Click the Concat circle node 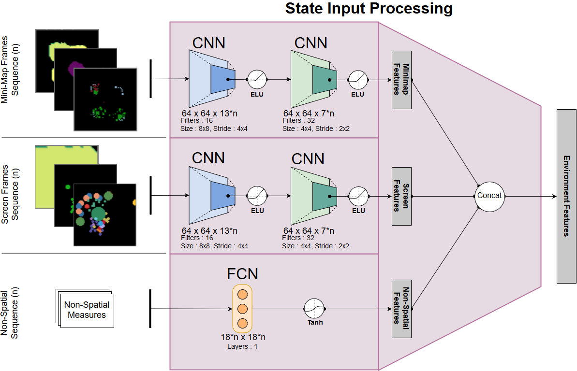point(489,196)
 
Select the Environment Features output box point(566,196)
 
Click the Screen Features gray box point(401,196)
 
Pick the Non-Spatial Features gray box point(401,308)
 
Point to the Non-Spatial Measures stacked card point(86,310)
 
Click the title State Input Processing point(369,8)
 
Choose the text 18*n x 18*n point(242,337)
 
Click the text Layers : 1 point(242,346)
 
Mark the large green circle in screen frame point(99,214)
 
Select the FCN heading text point(242,274)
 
